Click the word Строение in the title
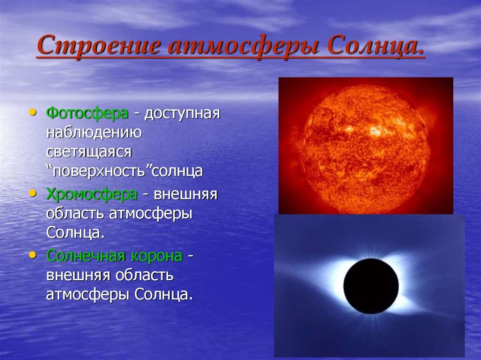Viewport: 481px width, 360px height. click(99, 45)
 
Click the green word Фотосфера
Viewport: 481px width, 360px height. click(87, 113)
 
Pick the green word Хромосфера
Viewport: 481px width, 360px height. click(92, 194)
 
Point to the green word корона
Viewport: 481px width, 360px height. click(157, 256)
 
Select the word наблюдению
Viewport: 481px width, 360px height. click(94, 133)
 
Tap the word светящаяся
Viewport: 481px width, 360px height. click(89, 152)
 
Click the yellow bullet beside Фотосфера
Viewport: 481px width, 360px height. click(32, 112)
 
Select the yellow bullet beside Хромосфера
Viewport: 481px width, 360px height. click(32, 193)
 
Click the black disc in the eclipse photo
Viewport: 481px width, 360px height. click(371, 286)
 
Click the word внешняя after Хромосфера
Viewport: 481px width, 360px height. click(186, 195)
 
